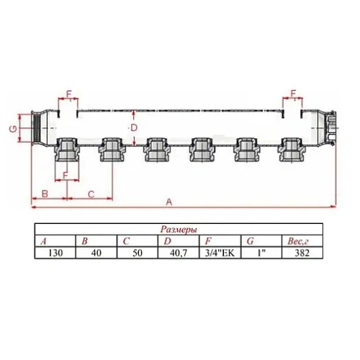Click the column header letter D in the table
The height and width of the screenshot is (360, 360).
(x=167, y=240)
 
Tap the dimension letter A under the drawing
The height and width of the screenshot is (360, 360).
(x=169, y=202)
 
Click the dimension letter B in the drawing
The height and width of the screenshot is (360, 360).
(x=45, y=194)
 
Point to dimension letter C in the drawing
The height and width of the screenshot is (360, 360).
(x=91, y=194)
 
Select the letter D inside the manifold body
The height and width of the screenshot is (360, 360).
(x=133, y=127)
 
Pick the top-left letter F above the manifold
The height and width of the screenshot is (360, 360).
(x=69, y=94)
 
